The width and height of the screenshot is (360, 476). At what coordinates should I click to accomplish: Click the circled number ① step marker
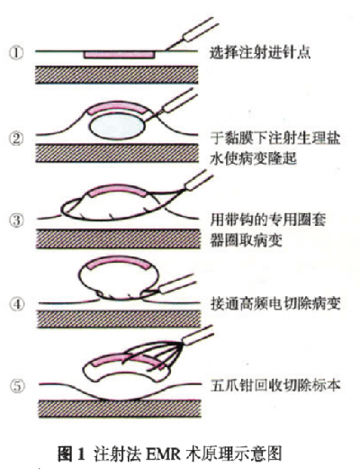(16, 53)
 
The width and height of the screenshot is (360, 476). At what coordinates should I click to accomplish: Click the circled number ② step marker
(16, 139)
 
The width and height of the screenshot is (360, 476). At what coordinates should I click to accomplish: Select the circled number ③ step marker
(16, 220)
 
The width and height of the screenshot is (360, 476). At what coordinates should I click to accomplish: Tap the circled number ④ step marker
(17, 304)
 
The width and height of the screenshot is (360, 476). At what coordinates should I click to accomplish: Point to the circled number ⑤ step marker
(17, 386)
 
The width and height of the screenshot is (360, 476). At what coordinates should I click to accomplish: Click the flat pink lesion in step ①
(120, 55)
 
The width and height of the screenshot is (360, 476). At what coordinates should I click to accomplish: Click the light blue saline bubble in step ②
(117, 127)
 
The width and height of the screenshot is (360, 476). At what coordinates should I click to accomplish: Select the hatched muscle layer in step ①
(117, 75)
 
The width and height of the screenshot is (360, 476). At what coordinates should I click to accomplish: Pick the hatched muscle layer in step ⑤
(120, 409)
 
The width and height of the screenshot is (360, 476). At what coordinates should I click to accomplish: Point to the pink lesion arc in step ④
(119, 262)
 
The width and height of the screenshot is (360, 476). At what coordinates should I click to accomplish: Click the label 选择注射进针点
(260, 52)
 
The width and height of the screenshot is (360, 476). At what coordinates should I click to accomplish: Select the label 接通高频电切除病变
(275, 303)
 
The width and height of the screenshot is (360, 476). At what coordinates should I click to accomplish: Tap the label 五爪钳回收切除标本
(275, 385)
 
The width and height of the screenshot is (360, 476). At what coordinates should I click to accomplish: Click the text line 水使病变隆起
(253, 158)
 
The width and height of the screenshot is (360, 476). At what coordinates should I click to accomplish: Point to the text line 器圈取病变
(247, 241)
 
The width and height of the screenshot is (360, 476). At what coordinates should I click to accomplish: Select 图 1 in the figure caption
(71, 454)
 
